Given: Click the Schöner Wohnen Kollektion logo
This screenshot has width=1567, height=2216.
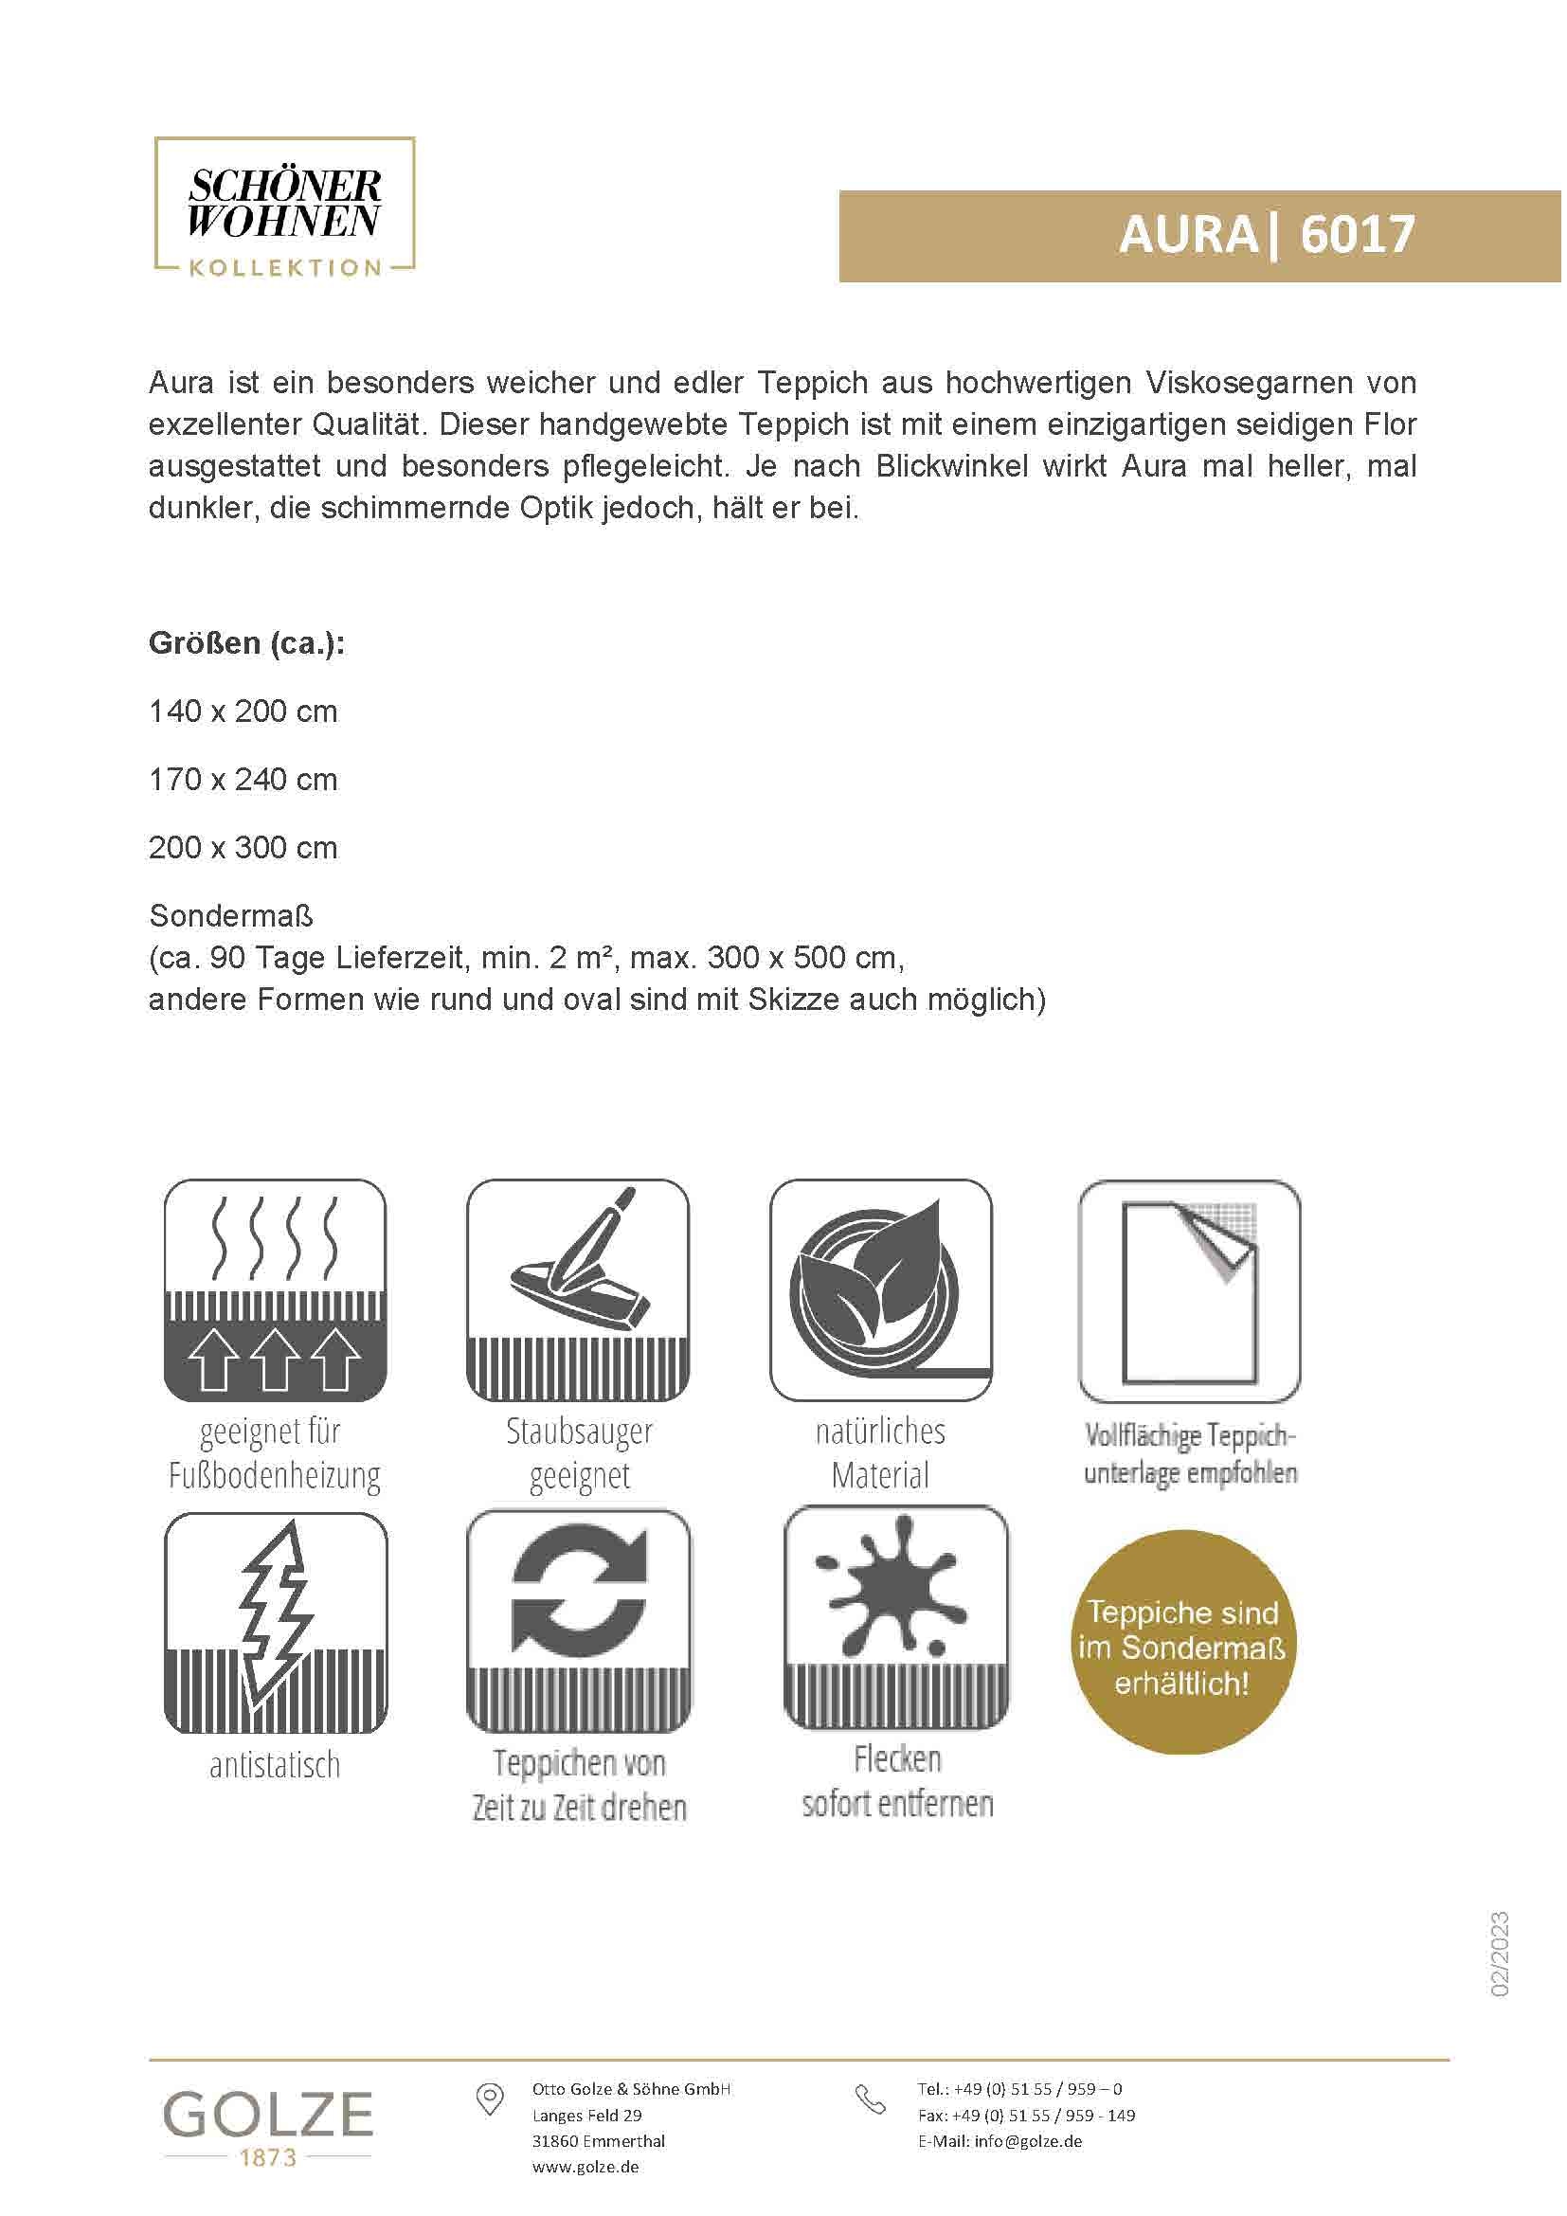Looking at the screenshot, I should tap(284, 207).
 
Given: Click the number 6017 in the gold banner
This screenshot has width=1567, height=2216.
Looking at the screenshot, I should tap(1357, 235).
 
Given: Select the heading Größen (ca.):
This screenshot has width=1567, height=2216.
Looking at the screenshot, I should tap(247, 642).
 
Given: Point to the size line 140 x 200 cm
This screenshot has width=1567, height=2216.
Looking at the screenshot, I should tap(243, 712).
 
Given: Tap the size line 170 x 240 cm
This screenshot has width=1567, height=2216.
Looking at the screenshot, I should tap(243, 780).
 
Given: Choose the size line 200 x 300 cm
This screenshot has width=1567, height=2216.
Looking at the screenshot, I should tap(243, 847).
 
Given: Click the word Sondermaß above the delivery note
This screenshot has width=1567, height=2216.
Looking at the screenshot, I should tap(230, 915).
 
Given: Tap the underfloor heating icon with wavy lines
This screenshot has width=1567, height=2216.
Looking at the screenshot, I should tap(275, 1290).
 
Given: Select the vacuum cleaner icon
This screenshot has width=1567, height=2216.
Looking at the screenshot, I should tap(578, 1290).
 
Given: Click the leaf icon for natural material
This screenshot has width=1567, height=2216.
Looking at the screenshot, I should tap(880, 1290).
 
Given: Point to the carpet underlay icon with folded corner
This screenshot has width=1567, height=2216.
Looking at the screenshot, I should tap(1189, 1290).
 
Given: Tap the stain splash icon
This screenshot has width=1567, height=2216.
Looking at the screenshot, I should tap(896, 1618).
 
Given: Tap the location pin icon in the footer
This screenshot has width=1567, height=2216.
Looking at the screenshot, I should tap(490, 2099).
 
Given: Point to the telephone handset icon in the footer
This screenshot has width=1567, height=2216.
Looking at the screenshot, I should tap(871, 2099).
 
